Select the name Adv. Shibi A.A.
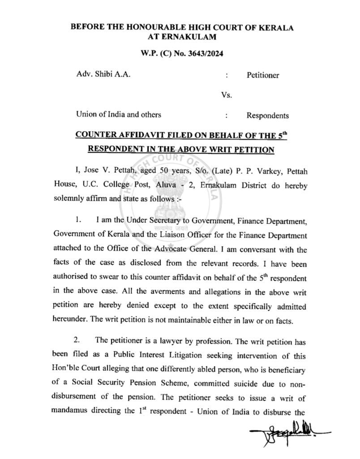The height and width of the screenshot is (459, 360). pos(103,74)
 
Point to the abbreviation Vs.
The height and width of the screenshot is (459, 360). pos(227,95)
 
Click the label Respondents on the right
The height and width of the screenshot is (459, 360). pos(267,116)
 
